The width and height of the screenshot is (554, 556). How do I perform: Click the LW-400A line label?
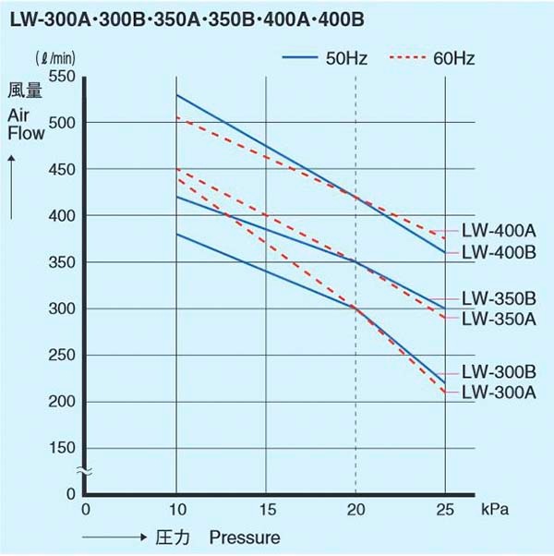click(x=498, y=230)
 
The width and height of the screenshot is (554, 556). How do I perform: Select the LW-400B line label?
click(x=498, y=252)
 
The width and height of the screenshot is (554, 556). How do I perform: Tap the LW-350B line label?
click(x=498, y=298)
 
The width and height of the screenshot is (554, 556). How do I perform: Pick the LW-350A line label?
click(x=498, y=319)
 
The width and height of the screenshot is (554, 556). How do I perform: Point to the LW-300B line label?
click(x=498, y=372)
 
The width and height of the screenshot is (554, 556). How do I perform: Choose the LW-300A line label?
click(x=498, y=393)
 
